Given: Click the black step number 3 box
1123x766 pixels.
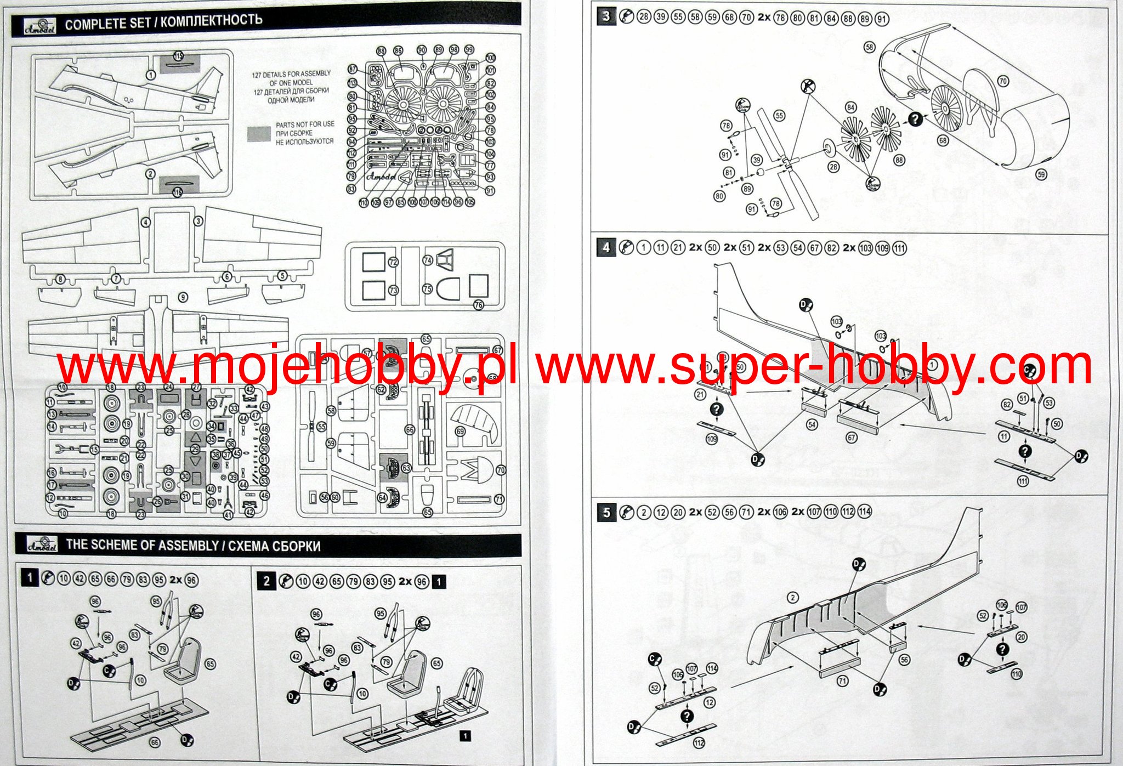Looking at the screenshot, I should [x=605, y=16].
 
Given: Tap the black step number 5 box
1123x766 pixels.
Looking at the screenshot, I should [x=606, y=513].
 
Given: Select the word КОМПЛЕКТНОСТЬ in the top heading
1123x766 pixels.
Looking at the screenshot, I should [x=212, y=21].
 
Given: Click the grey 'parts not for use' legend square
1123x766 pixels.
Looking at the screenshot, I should [x=259, y=133].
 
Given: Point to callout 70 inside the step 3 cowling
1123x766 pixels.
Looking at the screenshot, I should [x=1003, y=81].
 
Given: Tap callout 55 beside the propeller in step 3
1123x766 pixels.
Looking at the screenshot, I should [x=779, y=116].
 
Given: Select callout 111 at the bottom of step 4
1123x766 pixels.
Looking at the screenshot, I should [x=1023, y=481].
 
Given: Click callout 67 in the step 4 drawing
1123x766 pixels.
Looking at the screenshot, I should [x=851, y=438].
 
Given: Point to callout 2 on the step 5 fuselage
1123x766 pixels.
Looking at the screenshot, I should [x=792, y=598].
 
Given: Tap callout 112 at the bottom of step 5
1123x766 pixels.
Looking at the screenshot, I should [x=699, y=743].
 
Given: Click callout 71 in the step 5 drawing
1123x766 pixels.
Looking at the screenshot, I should [x=842, y=681].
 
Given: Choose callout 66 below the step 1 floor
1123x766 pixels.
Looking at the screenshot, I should [x=155, y=742].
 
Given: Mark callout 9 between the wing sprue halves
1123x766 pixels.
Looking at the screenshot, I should [x=183, y=297].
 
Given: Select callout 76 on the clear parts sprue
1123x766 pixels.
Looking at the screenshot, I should [x=479, y=305].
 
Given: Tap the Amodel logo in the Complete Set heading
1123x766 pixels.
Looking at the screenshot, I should [x=39, y=25].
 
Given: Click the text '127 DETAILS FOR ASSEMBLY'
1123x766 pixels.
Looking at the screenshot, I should [x=291, y=74].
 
